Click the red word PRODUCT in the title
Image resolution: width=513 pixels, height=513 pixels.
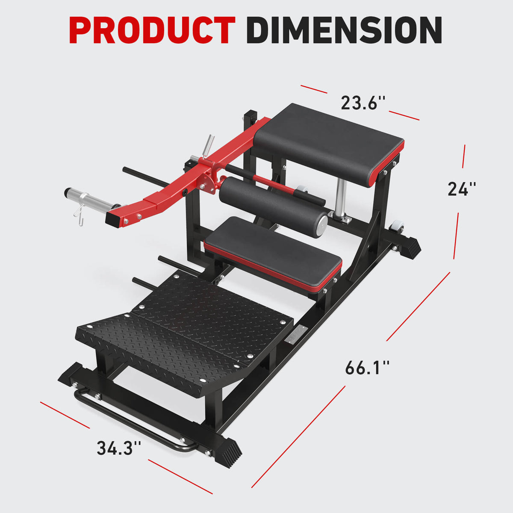[x=152, y=31]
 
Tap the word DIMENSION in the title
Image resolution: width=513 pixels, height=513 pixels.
[x=344, y=31]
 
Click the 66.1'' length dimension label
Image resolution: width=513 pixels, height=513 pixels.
[x=367, y=368]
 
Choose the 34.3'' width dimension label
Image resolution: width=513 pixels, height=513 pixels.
[x=118, y=448]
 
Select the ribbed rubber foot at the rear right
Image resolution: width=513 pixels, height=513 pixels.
[x=410, y=248]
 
